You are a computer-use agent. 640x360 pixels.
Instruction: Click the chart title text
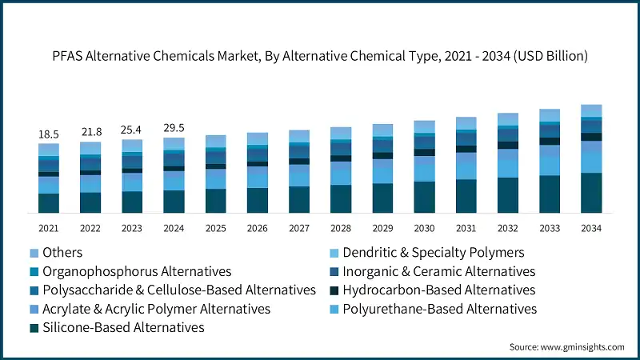(320, 55)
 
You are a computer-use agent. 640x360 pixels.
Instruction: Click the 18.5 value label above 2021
(49, 134)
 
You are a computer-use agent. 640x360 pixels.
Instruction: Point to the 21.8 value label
(90, 130)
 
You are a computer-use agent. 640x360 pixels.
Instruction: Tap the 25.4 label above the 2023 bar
(132, 129)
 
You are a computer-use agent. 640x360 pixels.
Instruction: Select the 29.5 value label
(174, 126)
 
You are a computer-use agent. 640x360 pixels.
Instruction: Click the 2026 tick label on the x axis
(257, 228)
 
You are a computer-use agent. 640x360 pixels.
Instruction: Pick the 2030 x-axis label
(424, 228)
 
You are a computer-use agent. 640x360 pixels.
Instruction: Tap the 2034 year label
(590, 228)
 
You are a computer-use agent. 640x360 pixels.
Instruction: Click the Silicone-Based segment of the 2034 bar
(590, 193)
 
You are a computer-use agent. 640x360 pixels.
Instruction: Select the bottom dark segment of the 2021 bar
(49, 203)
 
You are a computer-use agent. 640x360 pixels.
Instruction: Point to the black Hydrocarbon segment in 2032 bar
(507, 145)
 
